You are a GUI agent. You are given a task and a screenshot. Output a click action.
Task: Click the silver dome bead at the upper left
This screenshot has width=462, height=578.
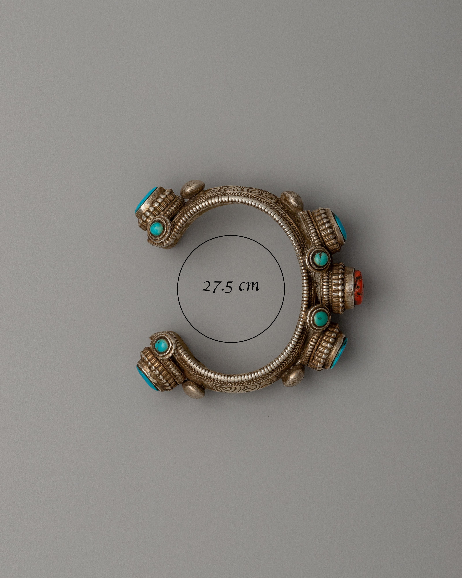[193, 189]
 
